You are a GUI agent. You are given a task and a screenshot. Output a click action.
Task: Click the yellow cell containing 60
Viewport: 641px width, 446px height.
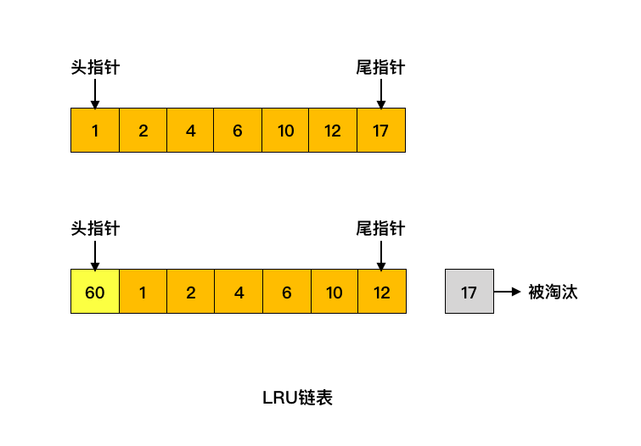[95, 292]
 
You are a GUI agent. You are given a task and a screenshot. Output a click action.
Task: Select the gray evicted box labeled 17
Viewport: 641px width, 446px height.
[469, 292]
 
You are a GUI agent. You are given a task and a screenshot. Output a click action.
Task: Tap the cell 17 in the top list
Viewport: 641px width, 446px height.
[380, 131]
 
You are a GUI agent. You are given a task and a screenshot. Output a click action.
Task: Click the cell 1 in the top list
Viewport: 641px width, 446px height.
[95, 131]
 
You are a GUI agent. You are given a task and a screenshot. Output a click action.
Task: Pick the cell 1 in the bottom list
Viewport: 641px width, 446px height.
[143, 292]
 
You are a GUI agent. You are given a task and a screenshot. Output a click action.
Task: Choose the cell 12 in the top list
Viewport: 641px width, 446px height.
[333, 131]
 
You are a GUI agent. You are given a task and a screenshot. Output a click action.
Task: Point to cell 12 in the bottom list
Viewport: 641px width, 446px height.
[382, 292]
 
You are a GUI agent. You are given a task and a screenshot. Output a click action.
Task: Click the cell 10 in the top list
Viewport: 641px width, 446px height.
[285, 131]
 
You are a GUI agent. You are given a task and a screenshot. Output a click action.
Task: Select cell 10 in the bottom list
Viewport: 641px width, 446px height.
[335, 292]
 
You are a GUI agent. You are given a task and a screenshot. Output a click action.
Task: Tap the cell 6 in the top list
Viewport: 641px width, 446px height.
[238, 131]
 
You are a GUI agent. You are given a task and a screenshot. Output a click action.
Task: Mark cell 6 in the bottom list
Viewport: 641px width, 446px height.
[287, 292]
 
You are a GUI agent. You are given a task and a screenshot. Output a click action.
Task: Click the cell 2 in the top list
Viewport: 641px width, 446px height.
[143, 131]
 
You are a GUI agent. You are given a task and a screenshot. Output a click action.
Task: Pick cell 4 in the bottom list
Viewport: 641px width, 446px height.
[239, 292]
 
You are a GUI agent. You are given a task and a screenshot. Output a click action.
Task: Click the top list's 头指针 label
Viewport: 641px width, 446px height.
[95, 67]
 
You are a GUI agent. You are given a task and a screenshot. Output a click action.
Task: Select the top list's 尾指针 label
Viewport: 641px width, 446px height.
[380, 67]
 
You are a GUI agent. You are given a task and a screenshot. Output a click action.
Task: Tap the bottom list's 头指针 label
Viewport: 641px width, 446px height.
[95, 228]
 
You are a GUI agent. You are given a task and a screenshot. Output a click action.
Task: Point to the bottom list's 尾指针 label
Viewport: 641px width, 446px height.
[380, 228]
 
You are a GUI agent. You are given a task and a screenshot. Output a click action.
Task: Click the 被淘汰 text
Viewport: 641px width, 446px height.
[553, 292]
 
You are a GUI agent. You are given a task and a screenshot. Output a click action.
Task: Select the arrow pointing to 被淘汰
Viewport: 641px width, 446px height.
[507, 292]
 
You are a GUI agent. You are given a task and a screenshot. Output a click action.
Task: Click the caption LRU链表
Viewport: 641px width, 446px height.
[298, 398]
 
